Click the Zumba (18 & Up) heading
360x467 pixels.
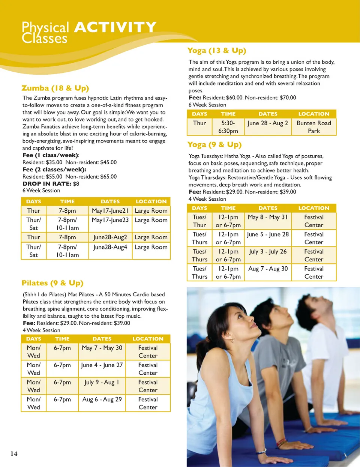[x=55, y=88]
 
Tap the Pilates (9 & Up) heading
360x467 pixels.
[x=52, y=283]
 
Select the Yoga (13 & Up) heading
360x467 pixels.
[x=217, y=51]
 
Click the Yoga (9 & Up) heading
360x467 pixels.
[x=214, y=145]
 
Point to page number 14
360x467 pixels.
[x=14, y=454]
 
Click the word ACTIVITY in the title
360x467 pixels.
[x=115, y=27]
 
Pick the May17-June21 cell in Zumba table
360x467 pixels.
[x=110, y=211]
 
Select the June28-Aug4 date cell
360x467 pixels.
[x=110, y=247]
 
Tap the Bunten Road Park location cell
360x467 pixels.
[x=314, y=127]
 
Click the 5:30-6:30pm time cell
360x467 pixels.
[x=228, y=127]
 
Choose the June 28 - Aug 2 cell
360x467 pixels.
[x=268, y=123]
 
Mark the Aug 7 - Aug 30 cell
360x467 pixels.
[x=268, y=269]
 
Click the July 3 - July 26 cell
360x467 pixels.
[x=268, y=251]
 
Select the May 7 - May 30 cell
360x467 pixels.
[x=102, y=348]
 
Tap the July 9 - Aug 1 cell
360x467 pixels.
[x=102, y=382]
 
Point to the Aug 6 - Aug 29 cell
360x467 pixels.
[x=102, y=399]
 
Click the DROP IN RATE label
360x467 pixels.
[x=47, y=184]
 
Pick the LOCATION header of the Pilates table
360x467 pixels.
[x=148, y=339]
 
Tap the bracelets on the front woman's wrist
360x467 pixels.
[x=282, y=443]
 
